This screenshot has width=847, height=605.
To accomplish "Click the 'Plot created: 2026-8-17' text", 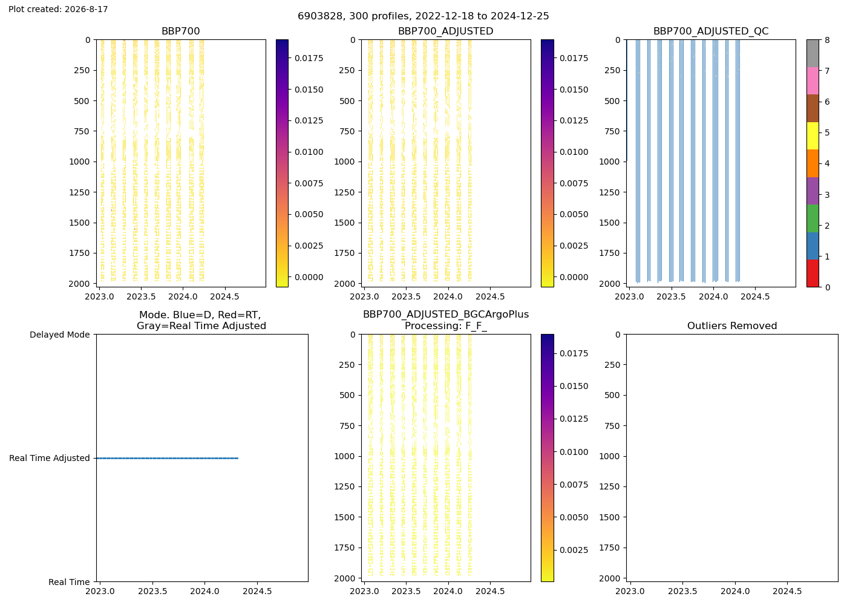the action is pyautogui.click(x=58, y=9).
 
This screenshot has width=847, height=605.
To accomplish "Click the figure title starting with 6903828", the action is pyautogui.click(x=423, y=16).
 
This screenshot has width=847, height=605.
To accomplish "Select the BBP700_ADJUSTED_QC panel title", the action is pyautogui.click(x=711, y=31).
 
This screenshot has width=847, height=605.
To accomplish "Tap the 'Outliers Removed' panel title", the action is pyautogui.click(x=732, y=326).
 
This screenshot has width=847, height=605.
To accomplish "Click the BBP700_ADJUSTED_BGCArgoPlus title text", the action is pyautogui.click(x=446, y=315).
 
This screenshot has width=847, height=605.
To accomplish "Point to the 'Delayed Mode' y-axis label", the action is pyautogui.click(x=60, y=335).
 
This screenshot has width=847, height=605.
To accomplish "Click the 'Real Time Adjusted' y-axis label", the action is pyautogui.click(x=50, y=459).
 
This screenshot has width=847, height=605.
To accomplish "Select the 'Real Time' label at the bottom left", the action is pyautogui.click(x=69, y=582).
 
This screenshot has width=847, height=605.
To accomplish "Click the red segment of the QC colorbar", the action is pyautogui.click(x=813, y=273).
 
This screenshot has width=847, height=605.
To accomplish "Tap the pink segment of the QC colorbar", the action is pyautogui.click(x=813, y=81).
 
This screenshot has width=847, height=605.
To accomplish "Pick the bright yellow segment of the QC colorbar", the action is pyautogui.click(x=813, y=136).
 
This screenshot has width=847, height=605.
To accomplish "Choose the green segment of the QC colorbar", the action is pyautogui.click(x=813, y=218).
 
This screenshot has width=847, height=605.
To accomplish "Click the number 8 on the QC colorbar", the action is pyautogui.click(x=828, y=40).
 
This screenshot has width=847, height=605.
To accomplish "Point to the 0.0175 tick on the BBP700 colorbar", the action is pyautogui.click(x=309, y=58).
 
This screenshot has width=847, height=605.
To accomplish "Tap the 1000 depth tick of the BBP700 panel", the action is pyautogui.click(x=79, y=162).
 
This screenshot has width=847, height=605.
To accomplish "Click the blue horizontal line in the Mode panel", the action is pyautogui.click(x=167, y=459).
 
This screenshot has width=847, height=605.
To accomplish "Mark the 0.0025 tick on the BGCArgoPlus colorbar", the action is pyautogui.click(x=574, y=550).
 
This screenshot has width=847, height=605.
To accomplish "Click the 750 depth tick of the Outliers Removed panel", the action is pyautogui.click(x=612, y=426).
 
